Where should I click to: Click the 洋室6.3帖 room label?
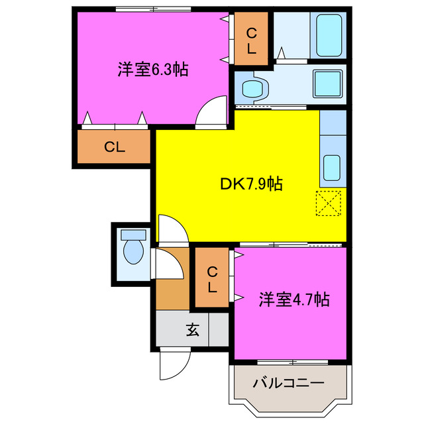pos(152,69)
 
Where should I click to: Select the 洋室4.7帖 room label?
pos(293,299)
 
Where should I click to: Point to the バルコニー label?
pos(289,384)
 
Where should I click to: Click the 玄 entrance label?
pos(192,329)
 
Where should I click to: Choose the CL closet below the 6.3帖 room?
pos(114,147)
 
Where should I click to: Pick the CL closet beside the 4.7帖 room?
pos(211,279)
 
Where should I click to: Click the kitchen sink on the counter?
pos(331,166)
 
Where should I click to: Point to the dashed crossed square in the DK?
pos(329,203)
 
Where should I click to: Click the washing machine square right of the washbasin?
pos(327,84)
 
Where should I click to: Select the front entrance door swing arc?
pos(173,364)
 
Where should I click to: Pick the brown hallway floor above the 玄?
pos(172,291)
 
